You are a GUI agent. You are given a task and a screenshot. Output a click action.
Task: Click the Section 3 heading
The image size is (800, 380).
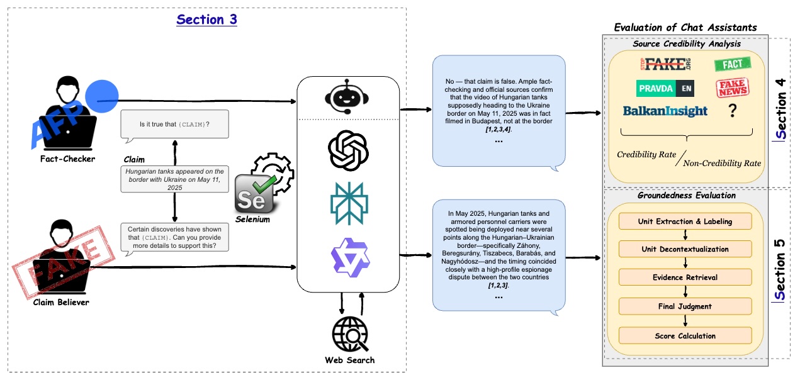pyautogui.click(x=206, y=20)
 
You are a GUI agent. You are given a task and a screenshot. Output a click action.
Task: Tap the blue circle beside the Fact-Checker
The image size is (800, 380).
pyautogui.click(x=102, y=96)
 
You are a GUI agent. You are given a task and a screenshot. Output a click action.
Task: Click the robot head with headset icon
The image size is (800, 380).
pyautogui.click(x=347, y=96)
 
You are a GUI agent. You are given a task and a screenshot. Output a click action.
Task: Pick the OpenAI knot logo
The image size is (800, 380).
pyautogui.click(x=348, y=150)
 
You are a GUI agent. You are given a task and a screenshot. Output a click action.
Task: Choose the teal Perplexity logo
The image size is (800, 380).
pyautogui.click(x=349, y=203)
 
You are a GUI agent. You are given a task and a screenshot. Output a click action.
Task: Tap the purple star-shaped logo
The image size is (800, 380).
pyautogui.click(x=350, y=257)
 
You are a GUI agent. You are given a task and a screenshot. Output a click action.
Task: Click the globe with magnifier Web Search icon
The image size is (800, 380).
pyautogui.click(x=349, y=334)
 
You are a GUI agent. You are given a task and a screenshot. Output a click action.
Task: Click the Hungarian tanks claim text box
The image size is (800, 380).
pyautogui.click(x=174, y=179)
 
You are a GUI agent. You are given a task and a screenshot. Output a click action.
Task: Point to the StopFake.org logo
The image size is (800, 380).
pyautogui.click(x=666, y=64)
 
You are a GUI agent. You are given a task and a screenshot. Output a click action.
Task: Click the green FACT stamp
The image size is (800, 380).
pyautogui.click(x=733, y=64)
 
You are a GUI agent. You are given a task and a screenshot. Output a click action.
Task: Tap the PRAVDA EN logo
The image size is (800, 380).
pyautogui.click(x=665, y=88)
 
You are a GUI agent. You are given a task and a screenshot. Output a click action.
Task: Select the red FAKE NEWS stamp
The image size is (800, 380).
pyautogui.click(x=733, y=87)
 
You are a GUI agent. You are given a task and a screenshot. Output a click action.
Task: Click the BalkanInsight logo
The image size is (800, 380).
pyautogui.click(x=665, y=111)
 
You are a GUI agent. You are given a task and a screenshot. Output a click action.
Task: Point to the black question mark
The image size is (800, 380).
pyautogui.click(x=733, y=110)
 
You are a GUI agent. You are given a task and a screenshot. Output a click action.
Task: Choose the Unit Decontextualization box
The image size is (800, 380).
pyautogui.click(x=685, y=249)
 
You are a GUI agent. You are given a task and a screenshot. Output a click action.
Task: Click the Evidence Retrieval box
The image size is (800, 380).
pyautogui.click(x=685, y=277)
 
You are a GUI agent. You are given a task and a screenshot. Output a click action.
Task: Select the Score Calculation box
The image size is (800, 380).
pyautogui.click(x=685, y=336)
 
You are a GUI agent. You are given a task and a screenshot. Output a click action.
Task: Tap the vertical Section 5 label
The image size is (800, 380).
pyautogui.click(x=780, y=270)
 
